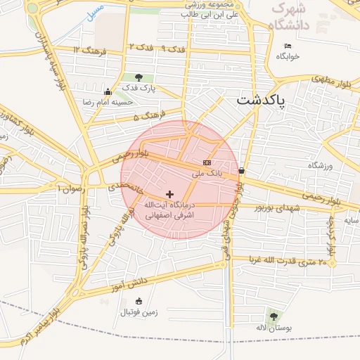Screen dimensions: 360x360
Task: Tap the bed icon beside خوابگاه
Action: pyautogui.click(x=287, y=46)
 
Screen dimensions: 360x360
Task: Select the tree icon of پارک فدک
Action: pyautogui.click(x=138, y=78)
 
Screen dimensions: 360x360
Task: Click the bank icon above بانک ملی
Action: pyautogui.click(x=206, y=162)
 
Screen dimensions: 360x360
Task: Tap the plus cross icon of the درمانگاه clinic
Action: pyautogui.click(x=169, y=193)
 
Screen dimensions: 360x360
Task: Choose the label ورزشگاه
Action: pyautogui.click(x=319, y=165)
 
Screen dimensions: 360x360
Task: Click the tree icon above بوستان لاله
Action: pyautogui.click(x=272, y=316)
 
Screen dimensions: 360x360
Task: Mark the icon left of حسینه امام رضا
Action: pyautogui.click(x=107, y=91)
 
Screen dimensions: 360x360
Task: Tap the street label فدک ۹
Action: pyautogui.click(x=172, y=49)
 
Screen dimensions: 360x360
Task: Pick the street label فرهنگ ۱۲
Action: pyautogui.click(x=88, y=50)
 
